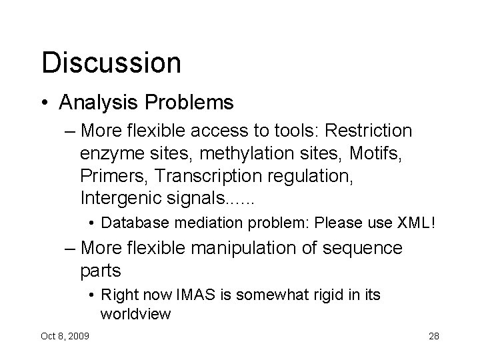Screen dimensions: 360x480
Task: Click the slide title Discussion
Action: point(111,62)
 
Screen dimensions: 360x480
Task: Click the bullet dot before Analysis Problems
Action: point(45,103)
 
